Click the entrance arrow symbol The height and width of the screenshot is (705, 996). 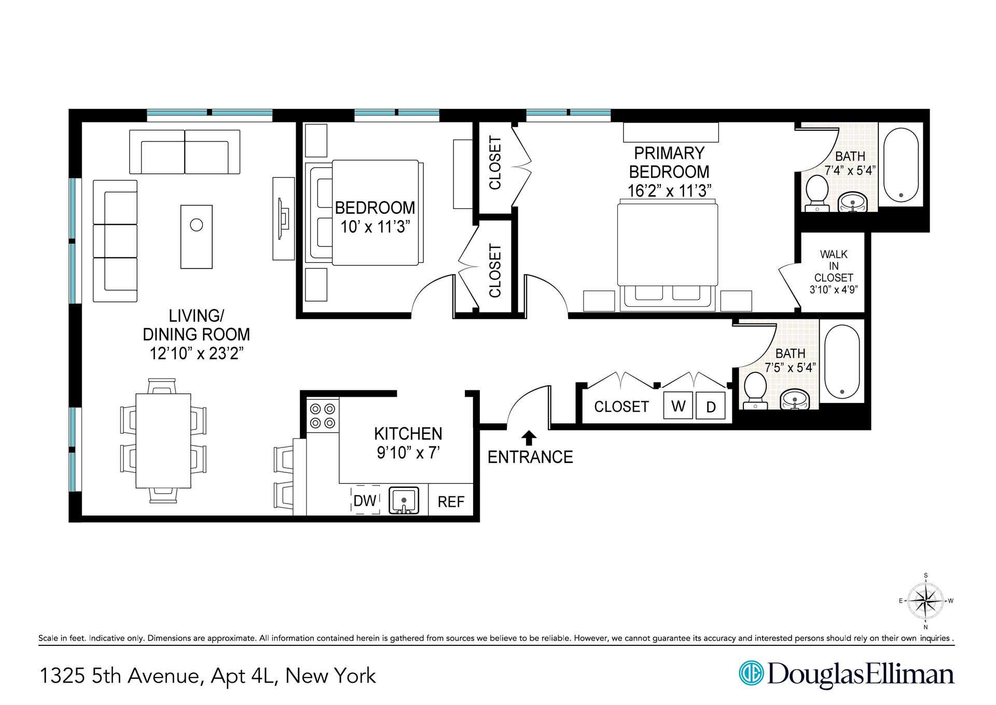[x=529, y=438]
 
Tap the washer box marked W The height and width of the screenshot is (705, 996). [x=678, y=406]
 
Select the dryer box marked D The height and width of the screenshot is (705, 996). [x=711, y=407]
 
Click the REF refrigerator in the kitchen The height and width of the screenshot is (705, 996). [x=451, y=501]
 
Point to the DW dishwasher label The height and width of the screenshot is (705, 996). [x=365, y=500]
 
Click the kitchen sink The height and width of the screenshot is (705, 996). [x=404, y=500]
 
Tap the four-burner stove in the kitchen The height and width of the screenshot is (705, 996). [x=322, y=416]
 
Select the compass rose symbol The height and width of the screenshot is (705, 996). [x=926, y=601]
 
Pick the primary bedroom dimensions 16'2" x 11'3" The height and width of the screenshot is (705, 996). [x=669, y=191]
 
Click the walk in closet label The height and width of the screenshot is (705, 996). [x=833, y=272]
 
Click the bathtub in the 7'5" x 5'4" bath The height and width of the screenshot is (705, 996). [x=841, y=362]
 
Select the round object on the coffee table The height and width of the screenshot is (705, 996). [x=196, y=225]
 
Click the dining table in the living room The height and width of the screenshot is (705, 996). [x=163, y=440]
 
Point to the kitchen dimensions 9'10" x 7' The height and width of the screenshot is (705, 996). [x=408, y=453]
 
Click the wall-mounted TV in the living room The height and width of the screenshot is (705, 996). [x=283, y=219]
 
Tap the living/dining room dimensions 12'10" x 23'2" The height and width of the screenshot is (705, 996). [x=196, y=354]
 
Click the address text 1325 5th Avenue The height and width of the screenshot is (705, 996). [x=119, y=676]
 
